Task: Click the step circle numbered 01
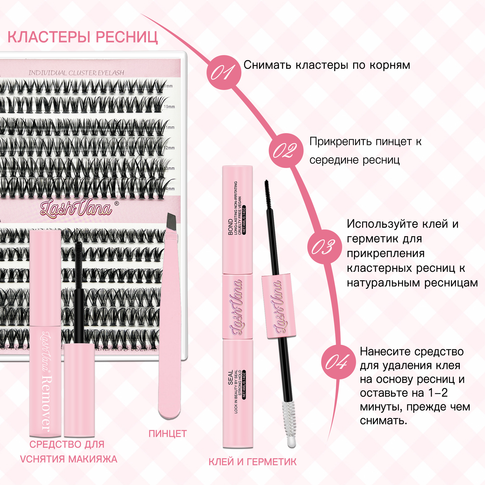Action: (224, 72)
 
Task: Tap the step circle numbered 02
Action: (286, 151)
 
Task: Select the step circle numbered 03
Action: (324, 247)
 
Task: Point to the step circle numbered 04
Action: (338, 362)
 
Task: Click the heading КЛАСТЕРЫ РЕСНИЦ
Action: (83, 37)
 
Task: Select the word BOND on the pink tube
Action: (230, 227)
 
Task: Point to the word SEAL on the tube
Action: (230, 378)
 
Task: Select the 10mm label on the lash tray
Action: (169, 107)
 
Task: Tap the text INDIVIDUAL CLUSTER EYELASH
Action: (76, 73)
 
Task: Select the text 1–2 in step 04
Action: (438, 393)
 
